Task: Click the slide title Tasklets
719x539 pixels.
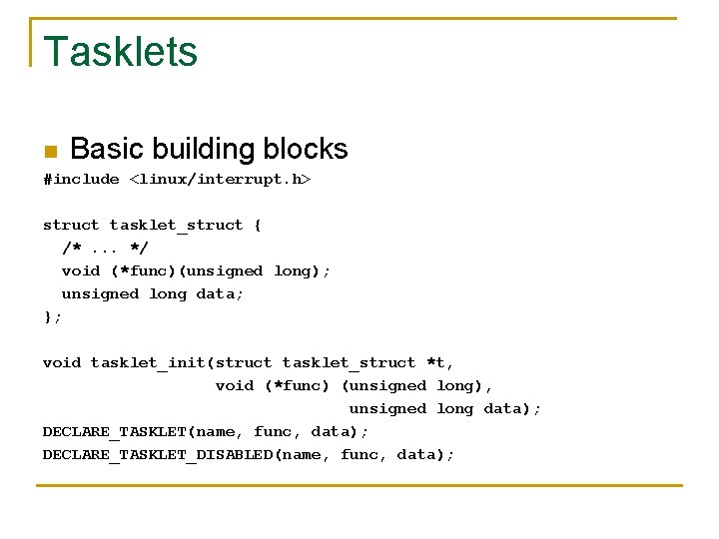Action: click(x=120, y=51)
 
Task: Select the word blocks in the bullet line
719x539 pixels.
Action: click(x=305, y=149)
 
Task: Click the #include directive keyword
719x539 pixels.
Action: click(x=81, y=179)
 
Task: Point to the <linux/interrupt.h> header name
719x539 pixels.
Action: click(x=220, y=179)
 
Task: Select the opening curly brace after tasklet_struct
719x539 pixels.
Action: click(x=258, y=225)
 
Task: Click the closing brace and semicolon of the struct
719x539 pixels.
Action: click(x=52, y=316)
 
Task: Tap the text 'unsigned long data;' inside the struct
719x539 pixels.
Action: click(x=153, y=293)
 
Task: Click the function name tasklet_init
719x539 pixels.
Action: click(x=148, y=362)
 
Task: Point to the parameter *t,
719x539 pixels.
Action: click(x=440, y=362)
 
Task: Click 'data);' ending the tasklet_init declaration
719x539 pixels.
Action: click(x=512, y=408)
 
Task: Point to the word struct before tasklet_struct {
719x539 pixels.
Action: click(x=71, y=225)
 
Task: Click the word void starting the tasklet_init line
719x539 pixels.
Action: click(x=61, y=362)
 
